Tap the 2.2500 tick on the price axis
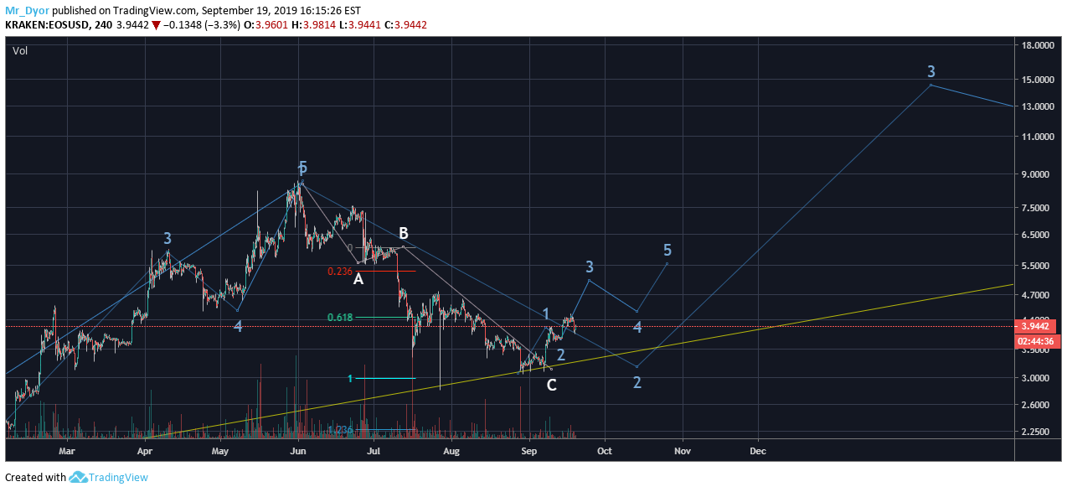tap(1039, 432)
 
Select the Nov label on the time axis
tap(682, 451)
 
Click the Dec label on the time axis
tap(757, 451)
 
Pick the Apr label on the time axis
tap(145, 451)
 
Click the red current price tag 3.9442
tap(1038, 326)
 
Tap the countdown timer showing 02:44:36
tap(1038, 341)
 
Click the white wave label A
tap(358, 279)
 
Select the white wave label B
tap(403, 233)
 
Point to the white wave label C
tap(551, 386)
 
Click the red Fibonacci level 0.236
tap(339, 271)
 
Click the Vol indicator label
tap(20, 51)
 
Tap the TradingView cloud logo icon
tap(79, 477)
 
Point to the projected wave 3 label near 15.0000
tap(930, 71)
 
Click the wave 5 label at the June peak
tap(302, 168)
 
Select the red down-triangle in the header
tap(156, 25)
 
